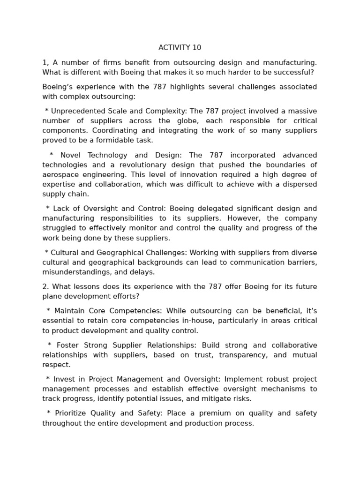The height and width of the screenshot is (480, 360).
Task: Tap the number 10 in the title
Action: pos(196,47)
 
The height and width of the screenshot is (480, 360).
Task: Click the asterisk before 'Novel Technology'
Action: pos(52,155)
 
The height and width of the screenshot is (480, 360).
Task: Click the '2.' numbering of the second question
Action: pos(45,286)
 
